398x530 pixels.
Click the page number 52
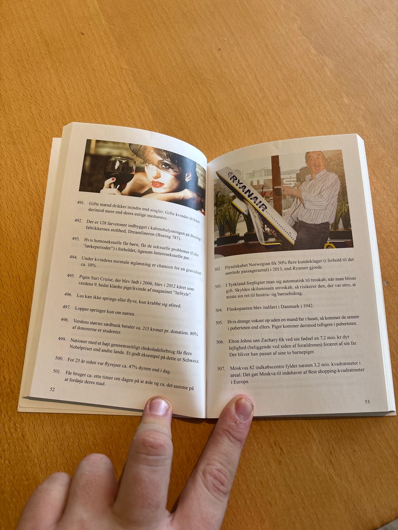click(x=52, y=390)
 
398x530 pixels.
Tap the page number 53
click(x=367, y=402)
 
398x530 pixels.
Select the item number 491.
click(x=80, y=203)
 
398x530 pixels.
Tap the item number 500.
click(x=59, y=358)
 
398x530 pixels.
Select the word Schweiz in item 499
click(x=192, y=361)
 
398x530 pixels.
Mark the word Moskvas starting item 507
click(x=238, y=368)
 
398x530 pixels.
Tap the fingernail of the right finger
click(x=244, y=409)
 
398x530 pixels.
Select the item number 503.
click(x=218, y=287)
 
